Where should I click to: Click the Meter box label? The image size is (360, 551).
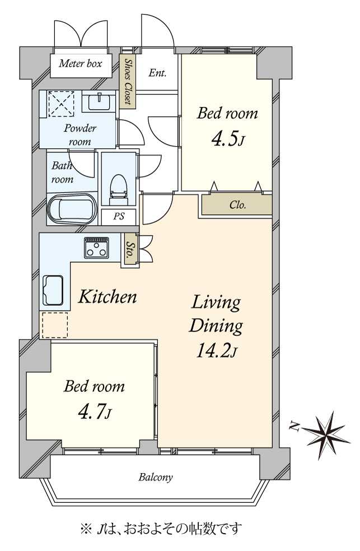(81, 64)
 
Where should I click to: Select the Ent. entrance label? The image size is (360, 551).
(157, 73)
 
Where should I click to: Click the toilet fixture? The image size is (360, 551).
(118, 190)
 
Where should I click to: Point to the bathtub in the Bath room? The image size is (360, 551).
(72, 209)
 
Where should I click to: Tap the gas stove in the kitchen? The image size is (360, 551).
(96, 248)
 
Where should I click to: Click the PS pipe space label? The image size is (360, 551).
(119, 216)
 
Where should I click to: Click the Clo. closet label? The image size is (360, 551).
(238, 205)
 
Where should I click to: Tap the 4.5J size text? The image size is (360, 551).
(228, 138)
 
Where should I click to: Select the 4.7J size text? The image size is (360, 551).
(95, 412)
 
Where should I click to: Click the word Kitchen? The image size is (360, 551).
(107, 297)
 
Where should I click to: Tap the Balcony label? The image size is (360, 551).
(156, 477)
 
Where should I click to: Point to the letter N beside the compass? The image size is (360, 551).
(294, 427)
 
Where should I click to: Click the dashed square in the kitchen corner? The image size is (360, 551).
(55, 325)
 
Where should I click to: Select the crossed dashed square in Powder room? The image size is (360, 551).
(61, 104)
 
